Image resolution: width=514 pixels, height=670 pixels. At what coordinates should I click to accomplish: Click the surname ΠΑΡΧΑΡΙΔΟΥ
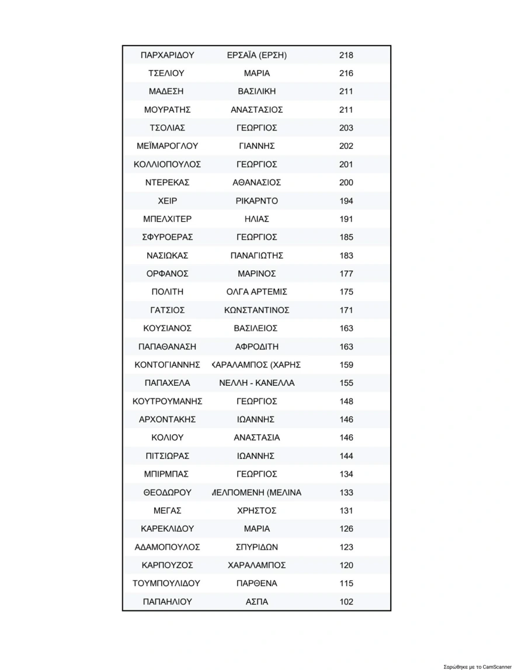pos(168,55)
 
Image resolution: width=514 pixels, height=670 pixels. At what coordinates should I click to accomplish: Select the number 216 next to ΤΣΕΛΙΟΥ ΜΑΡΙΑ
pos(346,74)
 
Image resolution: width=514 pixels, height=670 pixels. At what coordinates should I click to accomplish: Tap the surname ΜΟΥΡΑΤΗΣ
pos(168,110)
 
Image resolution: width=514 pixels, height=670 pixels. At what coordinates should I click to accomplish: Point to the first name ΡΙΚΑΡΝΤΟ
pos(257,201)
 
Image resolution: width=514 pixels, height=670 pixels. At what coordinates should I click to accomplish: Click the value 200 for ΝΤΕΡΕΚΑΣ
pos(346,183)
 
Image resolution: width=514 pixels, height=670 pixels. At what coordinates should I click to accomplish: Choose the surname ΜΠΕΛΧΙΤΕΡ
pos(168,219)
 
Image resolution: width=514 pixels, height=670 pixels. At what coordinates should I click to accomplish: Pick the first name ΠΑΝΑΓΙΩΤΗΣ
pos(257,256)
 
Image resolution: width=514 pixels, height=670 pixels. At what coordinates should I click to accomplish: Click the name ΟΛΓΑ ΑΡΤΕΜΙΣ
pos(257,292)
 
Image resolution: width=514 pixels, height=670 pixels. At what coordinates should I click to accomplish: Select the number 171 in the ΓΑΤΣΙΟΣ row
pos(346,310)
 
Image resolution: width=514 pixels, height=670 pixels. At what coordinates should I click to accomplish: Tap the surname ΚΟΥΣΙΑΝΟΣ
pos(168,328)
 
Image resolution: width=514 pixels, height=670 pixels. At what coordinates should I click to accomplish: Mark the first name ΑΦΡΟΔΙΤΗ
pos(257,347)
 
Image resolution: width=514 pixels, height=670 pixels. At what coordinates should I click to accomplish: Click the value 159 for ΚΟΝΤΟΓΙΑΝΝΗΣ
pos(346,365)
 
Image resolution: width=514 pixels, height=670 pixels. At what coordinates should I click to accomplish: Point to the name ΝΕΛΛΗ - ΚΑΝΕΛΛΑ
pos(257,383)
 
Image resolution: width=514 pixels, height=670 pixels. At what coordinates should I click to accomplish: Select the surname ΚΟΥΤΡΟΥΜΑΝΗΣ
pos(168,402)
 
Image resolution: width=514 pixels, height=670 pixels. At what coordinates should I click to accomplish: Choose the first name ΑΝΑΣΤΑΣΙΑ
pos(257,438)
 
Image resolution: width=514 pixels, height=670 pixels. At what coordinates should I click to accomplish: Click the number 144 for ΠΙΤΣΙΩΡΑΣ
pos(346,456)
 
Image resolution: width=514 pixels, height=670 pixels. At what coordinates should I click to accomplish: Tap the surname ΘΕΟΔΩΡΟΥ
pos(168,493)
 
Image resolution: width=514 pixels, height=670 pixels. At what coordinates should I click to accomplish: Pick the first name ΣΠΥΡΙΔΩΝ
pos(257,547)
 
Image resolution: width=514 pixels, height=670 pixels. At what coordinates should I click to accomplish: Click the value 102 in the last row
pos(346,602)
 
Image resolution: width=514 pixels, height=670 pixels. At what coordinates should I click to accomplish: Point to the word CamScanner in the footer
pos(496,666)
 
